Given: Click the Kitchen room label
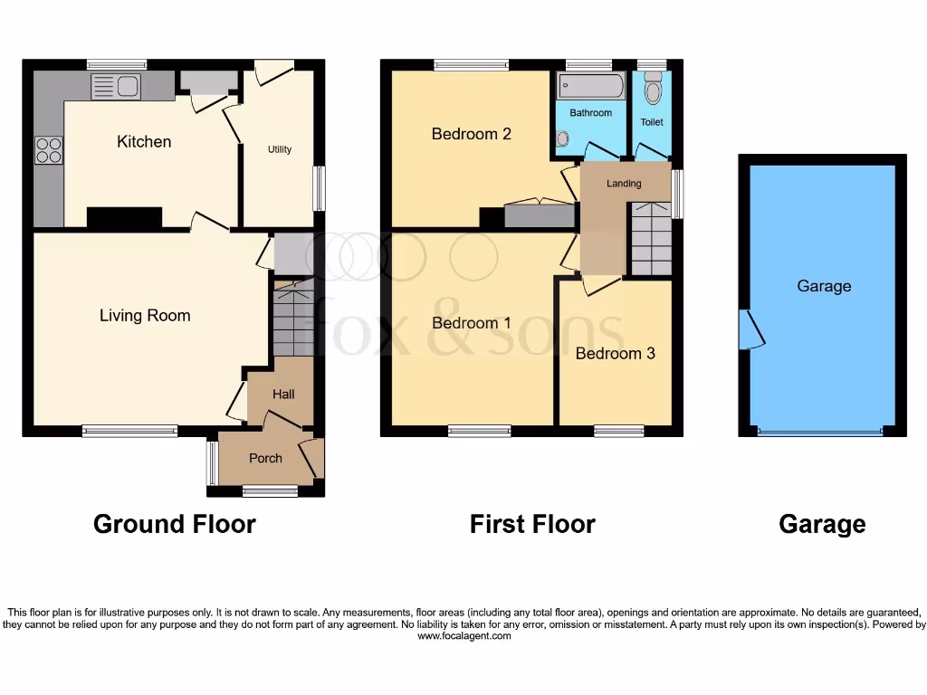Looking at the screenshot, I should [144, 142].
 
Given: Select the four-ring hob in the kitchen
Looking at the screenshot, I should [48, 149].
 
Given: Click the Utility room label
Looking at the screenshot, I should [280, 149].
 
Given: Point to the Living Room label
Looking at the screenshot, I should [145, 316].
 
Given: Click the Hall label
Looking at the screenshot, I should [284, 394].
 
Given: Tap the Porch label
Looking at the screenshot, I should [265, 459].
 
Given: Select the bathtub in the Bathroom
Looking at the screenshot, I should [590, 88].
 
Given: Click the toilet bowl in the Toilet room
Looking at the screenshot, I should [652, 92].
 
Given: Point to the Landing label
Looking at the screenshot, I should [624, 184].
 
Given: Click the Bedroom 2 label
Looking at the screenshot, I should [472, 134].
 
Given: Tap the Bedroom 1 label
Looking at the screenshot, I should [472, 323].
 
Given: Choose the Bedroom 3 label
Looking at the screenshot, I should [616, 354].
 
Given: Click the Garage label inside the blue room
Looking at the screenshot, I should [824, 286].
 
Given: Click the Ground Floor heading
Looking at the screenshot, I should [175, 524].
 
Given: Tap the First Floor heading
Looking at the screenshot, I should [532, 524].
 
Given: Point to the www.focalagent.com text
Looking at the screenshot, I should [464, 636].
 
